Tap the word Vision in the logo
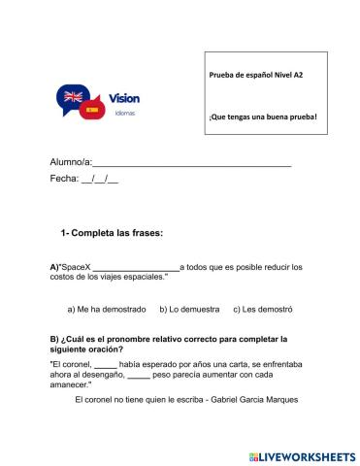point(125,98)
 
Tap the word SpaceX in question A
point(75,266)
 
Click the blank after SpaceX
point(136,267)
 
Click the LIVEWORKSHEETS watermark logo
point(302,454)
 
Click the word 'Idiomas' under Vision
point(124,113)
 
